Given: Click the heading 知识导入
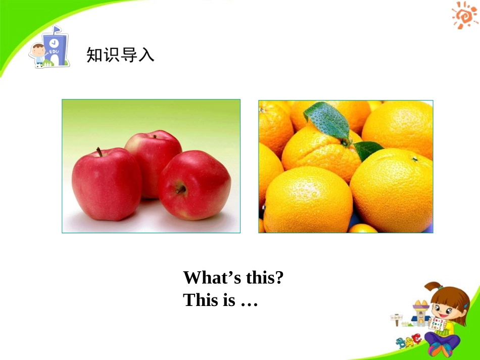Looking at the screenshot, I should (x=120, y=55).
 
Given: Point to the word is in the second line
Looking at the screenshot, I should (x=229, y=300).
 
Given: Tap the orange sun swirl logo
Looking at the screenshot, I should (x=464, y=15).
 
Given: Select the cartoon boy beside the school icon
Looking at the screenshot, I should (x=37, y=55).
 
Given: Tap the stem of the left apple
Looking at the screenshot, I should (x=100, y=152).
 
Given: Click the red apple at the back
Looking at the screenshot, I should (x=153, y=151).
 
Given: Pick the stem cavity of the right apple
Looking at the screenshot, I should (x=180, y=189).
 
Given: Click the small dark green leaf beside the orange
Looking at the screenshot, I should (x=367, y=149).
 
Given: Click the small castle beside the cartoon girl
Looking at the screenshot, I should (x=419, y=313).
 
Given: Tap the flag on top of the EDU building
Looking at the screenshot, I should (x=57, y=29).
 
